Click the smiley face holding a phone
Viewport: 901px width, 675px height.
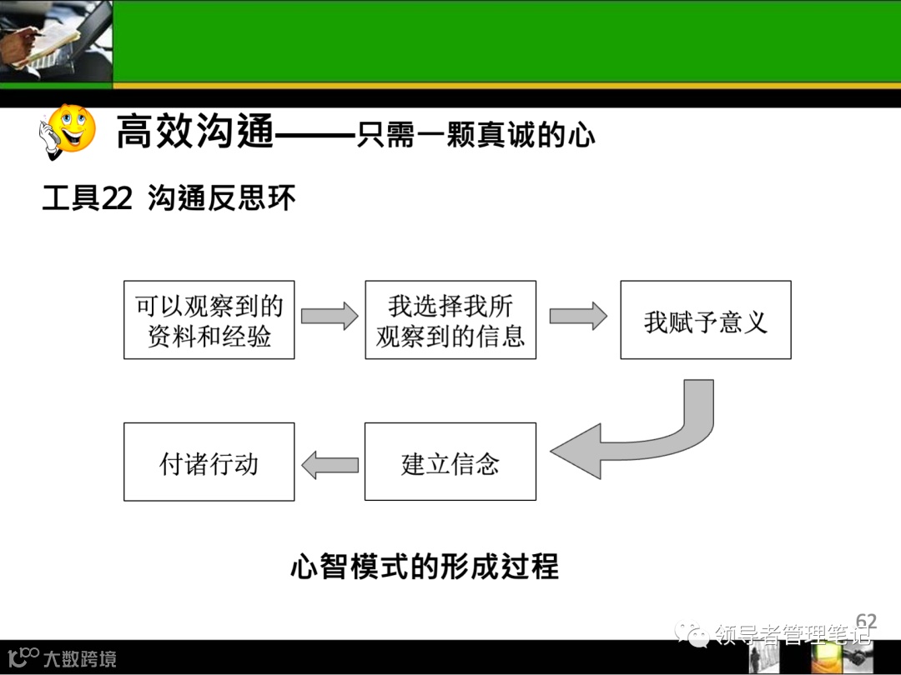(x=68, y=132)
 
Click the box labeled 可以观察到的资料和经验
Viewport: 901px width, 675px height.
(x=209, y=320)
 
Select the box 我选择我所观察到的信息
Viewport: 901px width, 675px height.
(x=450, y=320)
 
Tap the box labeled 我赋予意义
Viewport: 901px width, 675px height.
(x=705, y=321)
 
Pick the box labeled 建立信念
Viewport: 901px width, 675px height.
(x=450, y=462)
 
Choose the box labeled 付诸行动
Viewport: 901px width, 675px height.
(x=209, y=462)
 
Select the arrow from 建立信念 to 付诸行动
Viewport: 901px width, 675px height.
(x=330, y=463)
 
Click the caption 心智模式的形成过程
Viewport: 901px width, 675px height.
(x=425, y=567)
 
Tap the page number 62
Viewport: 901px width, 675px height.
(x=866, y=622)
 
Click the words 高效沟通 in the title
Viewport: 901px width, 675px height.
(x=194, y=132)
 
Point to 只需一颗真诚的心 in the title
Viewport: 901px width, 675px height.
(x=476, y=133)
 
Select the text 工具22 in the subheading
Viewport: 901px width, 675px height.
(x=87, y=199)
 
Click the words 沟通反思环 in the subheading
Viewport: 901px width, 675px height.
(x=222, y=199)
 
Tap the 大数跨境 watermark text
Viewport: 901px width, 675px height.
(x=80, y=659)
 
